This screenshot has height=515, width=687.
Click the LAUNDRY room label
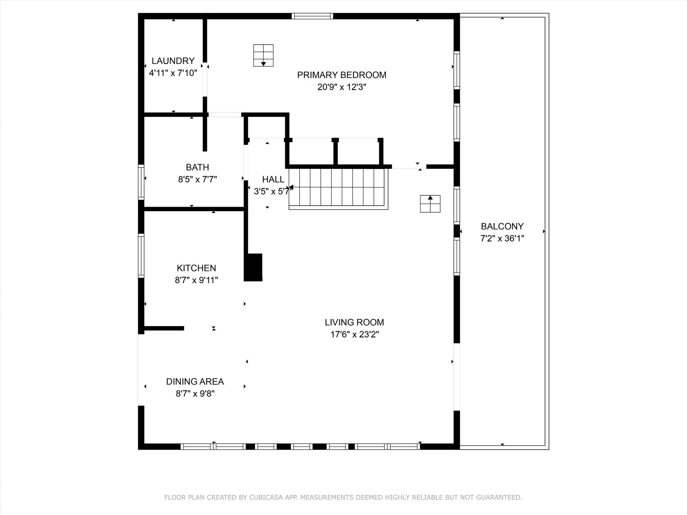coord(173,61)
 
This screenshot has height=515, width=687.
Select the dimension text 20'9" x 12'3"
coord(341,87)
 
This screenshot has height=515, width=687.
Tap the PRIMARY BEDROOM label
coord(341,75)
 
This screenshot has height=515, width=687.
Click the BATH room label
coord(197,167)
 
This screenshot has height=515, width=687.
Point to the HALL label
coord(273,179)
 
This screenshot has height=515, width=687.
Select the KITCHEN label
coord(196,268)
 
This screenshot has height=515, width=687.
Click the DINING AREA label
coord(195,382)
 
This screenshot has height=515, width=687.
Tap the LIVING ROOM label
coord(354,322)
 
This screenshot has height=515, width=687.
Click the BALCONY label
coord(502,226)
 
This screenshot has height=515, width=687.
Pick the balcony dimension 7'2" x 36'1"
coord(502,238)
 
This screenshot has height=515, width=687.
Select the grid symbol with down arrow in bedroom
coord(263,55)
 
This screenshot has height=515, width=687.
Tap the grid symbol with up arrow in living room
coord(430,204)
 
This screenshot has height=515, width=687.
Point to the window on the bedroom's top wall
coord(312,16)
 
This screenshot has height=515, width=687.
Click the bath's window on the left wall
coord(141,182)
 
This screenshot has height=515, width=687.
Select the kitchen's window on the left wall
coord(141,255)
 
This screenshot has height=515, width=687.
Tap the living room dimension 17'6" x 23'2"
coord(354,334)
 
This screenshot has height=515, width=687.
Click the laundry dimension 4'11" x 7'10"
coord(173,73)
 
